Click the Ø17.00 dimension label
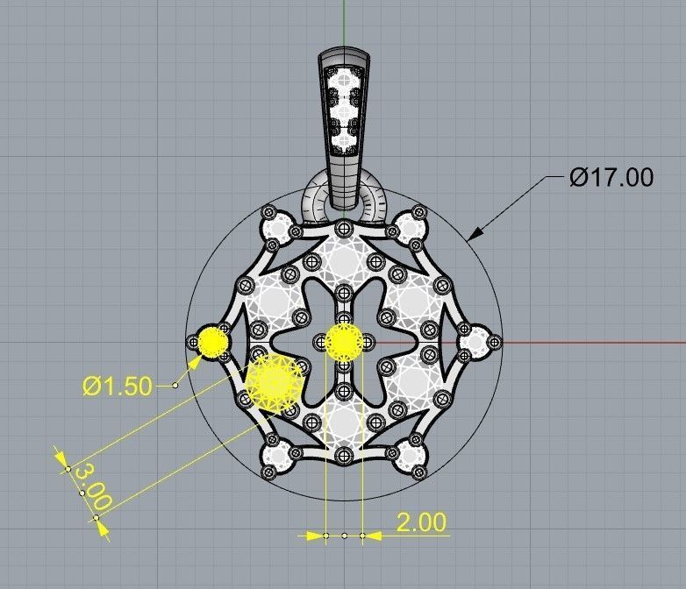click(x=611, y=177)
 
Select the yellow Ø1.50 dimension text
click(x=118, y=385)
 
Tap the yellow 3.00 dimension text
click(x=90, y=488)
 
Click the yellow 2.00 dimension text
click(x=421, y=522)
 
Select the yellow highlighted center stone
click(x=344, y=341)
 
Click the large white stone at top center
click(x=344, y=259)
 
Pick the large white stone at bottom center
click(x=344, y=424)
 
